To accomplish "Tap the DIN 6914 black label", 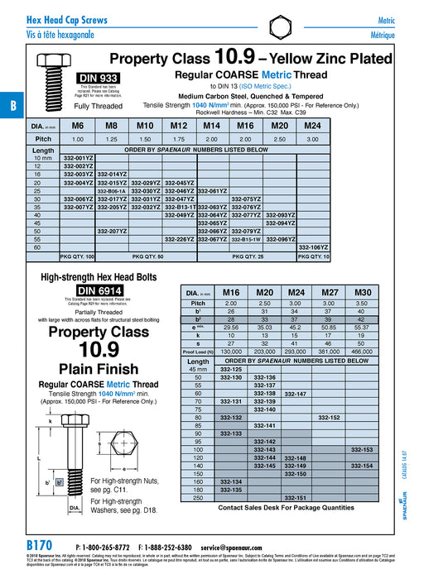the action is click(x=99, y=290).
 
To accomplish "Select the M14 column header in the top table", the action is click(x=211, y=126).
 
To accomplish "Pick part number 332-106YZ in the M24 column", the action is click(x=313, y=247).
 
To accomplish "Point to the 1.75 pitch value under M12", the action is click(x=178, y=139).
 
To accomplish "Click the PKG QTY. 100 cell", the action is click(x=79, y=257).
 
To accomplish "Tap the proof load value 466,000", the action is click(x=363, y=351).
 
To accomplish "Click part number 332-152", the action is click(x=329, y=418).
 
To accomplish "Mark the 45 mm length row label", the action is click(x=199, y=370).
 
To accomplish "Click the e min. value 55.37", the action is click(x=363, y=328).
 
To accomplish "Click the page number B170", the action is click(x=41, y=548).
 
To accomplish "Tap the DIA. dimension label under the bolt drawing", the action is click(x=74, y=506).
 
